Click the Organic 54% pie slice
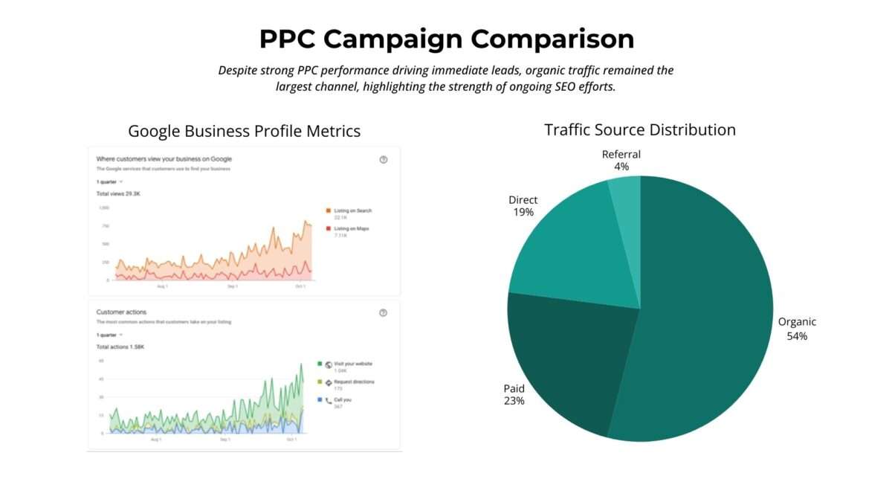tap(706, 312)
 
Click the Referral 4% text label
tap(621, 160)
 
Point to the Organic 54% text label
tap(797, 329)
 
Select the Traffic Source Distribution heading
tap(639, 129)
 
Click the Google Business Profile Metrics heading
tap(244, 131)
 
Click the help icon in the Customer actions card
tap(384, 313)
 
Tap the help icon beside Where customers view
tap(384, 160)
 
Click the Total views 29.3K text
tap(119, 194)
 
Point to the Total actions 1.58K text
tap(121, 347)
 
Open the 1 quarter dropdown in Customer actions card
tap(109, 335)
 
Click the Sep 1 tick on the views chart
tap(233, 286)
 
